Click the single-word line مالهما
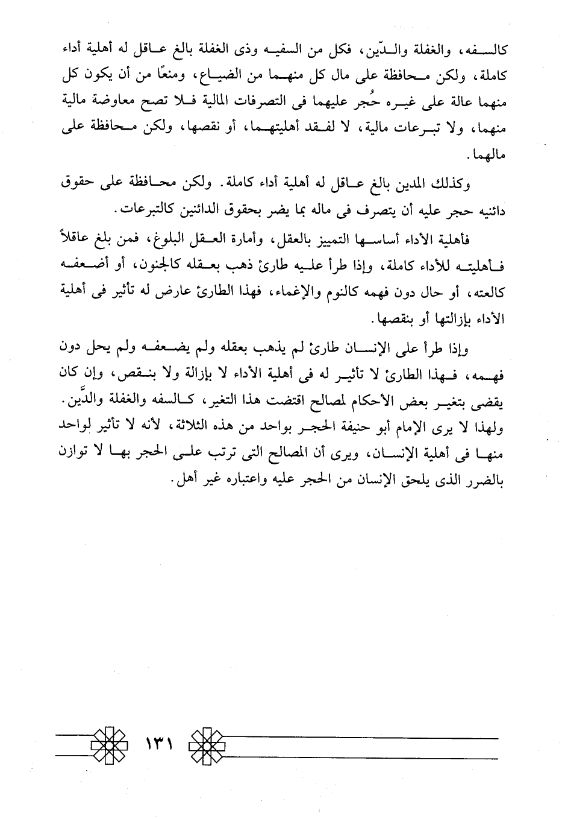pos(487,155)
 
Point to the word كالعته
pos(486,292)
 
